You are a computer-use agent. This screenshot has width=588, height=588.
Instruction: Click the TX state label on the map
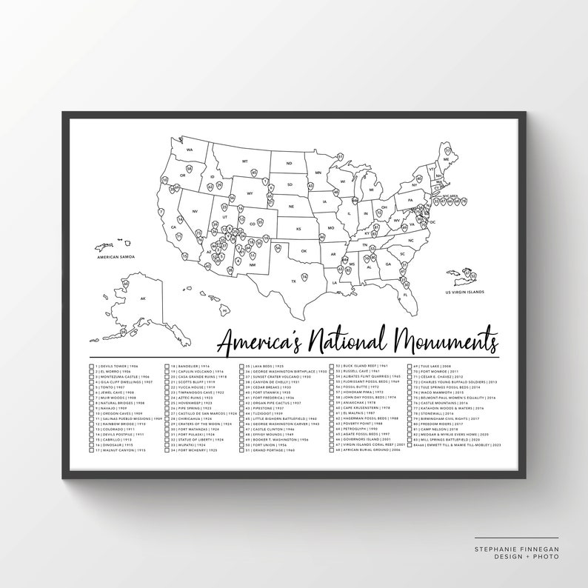(x=294, y=281)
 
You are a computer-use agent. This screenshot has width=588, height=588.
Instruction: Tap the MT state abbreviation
(x=244, y=161)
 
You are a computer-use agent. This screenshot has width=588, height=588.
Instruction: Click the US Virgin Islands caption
(x=464, y=292)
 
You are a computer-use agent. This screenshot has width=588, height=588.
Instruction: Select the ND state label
(x=290, y=164)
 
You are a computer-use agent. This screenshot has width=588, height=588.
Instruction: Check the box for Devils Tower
(x=92, y=367)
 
